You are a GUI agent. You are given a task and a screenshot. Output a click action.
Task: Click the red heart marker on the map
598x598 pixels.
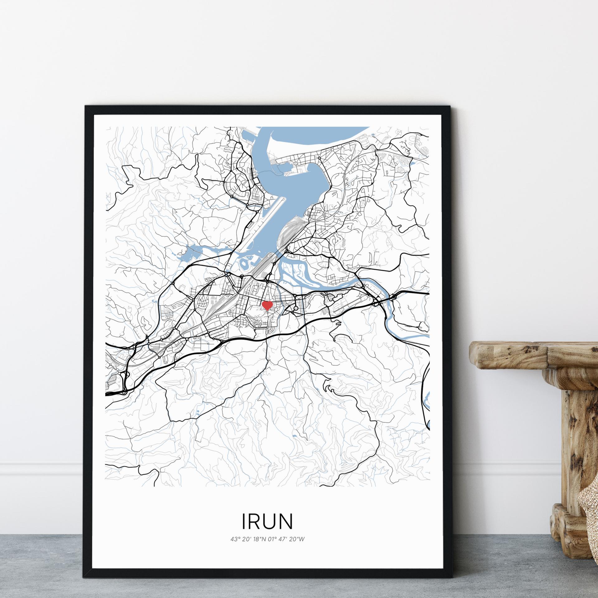pos(267,305)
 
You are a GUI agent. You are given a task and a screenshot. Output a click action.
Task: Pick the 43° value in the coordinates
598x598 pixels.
pos(234,539)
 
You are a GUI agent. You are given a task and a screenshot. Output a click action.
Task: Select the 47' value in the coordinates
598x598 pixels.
pos(282,539)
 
